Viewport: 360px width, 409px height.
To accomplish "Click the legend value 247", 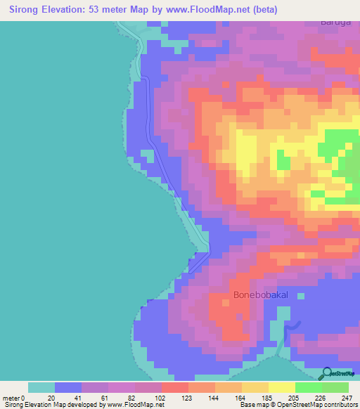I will click(x=347, y=397).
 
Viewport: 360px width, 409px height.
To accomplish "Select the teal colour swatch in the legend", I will click(x=41, y=387).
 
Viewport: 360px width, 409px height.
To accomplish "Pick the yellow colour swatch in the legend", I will click(x=282, y=387).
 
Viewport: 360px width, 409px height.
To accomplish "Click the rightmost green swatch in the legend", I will click(x=335, y=387).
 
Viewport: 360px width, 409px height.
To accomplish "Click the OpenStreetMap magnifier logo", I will click(x=326, y=372).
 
